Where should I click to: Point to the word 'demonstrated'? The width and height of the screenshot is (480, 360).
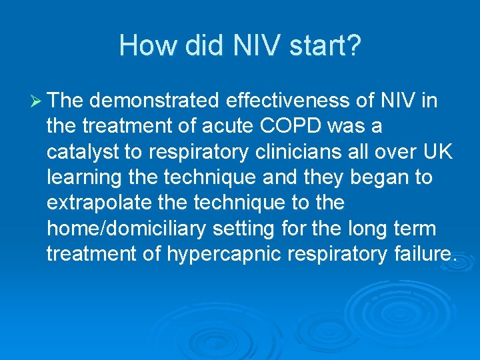[x=155, y=101]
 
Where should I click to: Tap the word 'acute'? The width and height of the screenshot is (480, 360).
[x=233, y=126]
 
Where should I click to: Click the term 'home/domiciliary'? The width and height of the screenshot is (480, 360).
[x=127, y=229]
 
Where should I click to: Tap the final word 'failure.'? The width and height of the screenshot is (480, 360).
[x=421, y=254]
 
